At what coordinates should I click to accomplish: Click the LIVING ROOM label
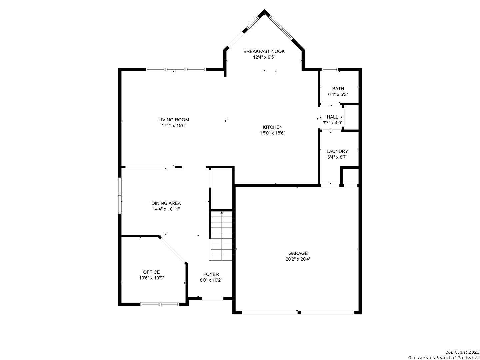(174, 120)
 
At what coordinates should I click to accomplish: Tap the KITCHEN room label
(272, 127)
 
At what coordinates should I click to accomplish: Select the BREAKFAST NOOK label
(264, 51)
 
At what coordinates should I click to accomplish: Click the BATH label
(338, 89)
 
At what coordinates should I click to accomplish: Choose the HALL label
(332, 117)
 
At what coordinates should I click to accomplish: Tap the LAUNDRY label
(337, 151)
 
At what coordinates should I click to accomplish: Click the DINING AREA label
(166, 203)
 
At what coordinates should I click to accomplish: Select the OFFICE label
(151, 272)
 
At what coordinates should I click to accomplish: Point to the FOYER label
(211, 274)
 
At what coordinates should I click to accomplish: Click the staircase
(221, 236)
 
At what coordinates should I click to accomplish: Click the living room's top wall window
(176, 70)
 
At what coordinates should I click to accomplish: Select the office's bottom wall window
(160, 304)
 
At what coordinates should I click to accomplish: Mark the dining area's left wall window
(120, 195)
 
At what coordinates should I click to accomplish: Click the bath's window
(330, 70)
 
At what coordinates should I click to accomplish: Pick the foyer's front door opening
(212, 299)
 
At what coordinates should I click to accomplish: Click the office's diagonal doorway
(173, 250)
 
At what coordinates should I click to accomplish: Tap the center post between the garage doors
(299, 313)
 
